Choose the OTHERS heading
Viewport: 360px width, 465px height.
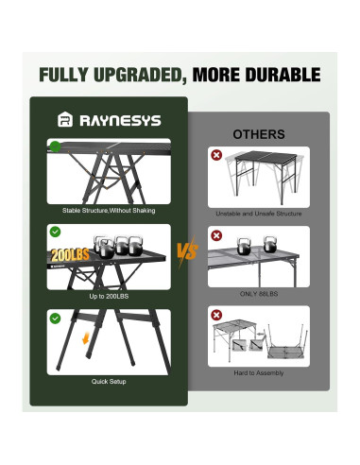click(258, 134)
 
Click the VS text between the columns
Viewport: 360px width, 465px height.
click(186, 252)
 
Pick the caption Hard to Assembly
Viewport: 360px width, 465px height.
click(258, 374)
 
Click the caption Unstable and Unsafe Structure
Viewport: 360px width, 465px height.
click(258, 214)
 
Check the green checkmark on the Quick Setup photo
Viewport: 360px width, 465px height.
click(55, 319)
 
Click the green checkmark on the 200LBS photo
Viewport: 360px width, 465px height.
click(55, 232)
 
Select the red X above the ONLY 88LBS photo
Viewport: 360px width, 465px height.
click(216, 235)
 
